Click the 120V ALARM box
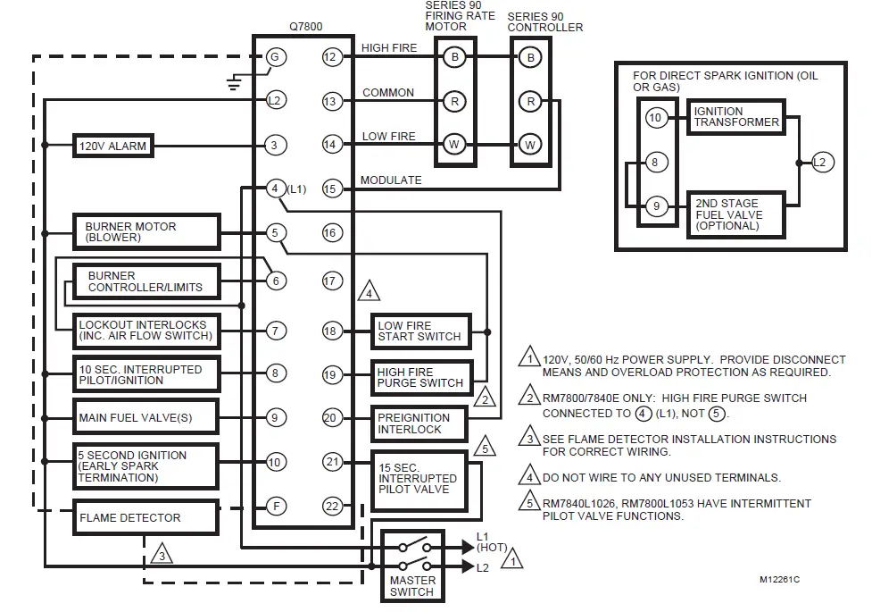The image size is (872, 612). tap(112, 145)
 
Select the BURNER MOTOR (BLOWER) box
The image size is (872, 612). tap(146, 231)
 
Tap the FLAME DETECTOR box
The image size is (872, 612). tap(146, 517)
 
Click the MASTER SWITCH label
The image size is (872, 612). tap(411, 586)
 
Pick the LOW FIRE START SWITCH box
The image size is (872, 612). tap(421, 331)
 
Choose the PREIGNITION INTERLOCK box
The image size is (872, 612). tap(421, 423)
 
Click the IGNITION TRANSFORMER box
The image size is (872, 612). tap(735, 117)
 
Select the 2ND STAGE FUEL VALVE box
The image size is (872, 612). tap(735, 214)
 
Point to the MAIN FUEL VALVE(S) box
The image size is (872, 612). tap(146, 417)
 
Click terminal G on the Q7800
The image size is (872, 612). tap(275, 57)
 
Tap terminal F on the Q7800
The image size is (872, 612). tap(276, 507)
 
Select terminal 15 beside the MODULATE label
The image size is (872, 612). tap(331, 188)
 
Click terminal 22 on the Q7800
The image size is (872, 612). tap(331, 507)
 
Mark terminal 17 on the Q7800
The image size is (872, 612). tap(331, 281)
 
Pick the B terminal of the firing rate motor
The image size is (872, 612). tap(454, 57)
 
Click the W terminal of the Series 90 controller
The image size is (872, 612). tap(530, 144)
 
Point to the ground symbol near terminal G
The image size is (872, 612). tap(235, 83)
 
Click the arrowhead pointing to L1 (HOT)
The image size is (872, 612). tap(466, 546)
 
